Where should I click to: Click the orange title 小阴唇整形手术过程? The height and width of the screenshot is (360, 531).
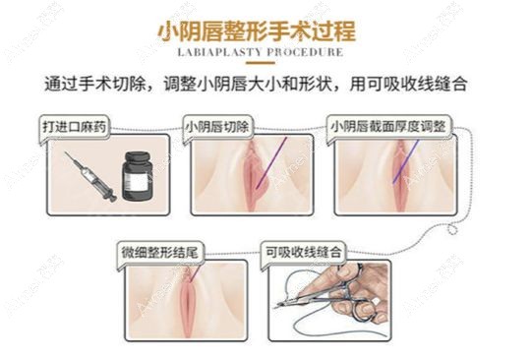(x=265, y=29)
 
